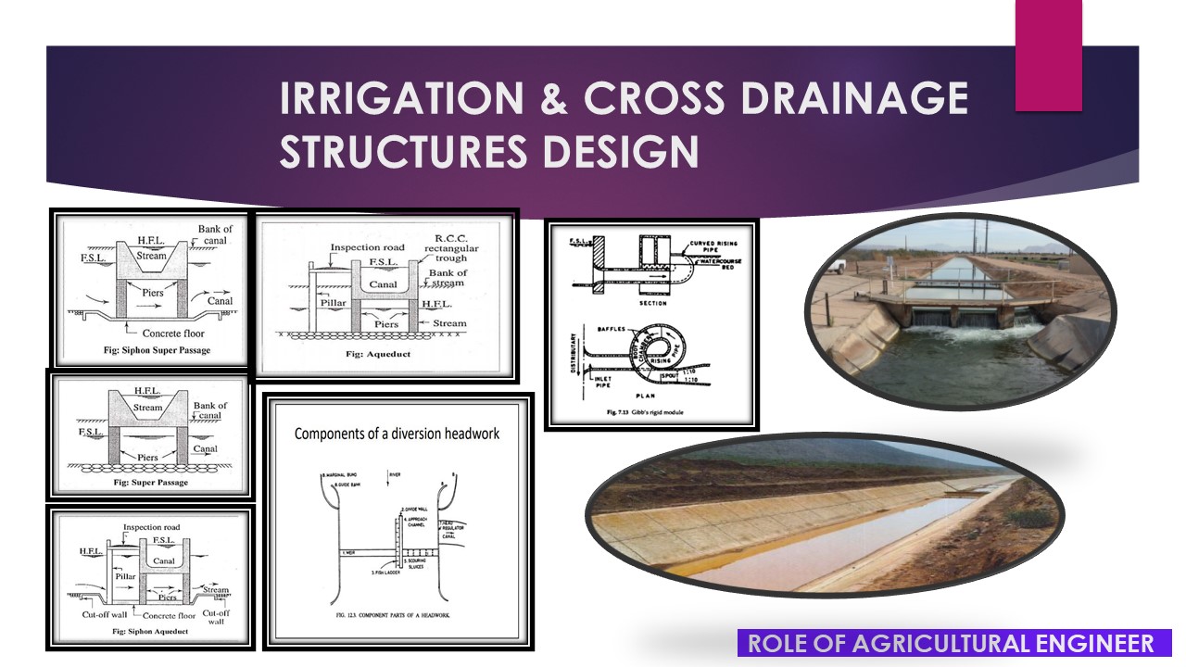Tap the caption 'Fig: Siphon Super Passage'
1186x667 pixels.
point(147,349)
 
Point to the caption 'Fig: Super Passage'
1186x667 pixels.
point(147,483)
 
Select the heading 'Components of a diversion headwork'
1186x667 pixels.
point(397,434)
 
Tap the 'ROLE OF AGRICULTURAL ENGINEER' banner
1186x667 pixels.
point(952,644)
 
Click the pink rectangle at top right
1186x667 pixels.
point(1048,56)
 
